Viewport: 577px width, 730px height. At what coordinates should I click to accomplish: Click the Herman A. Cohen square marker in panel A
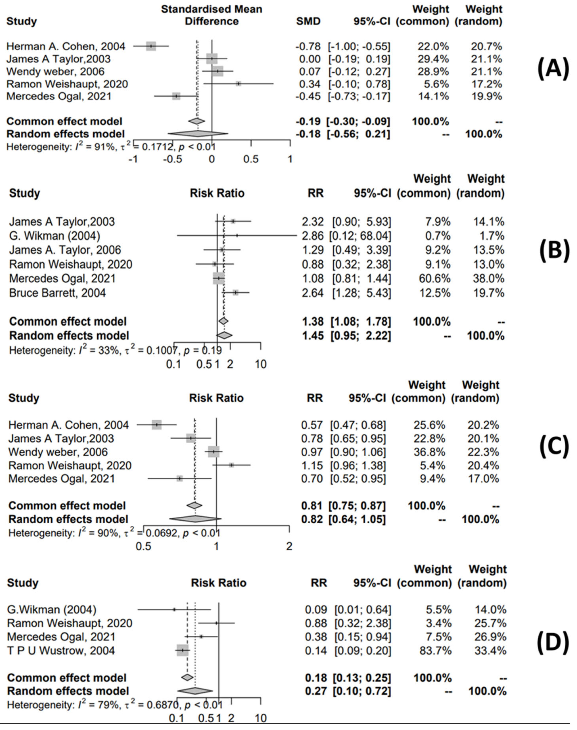151,46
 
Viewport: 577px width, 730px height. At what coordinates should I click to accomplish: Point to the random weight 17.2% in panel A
486,84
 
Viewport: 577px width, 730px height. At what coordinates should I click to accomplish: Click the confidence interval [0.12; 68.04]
360,236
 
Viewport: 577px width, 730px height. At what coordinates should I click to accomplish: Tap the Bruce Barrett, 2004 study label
58,293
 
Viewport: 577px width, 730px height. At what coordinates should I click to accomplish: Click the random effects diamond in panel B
224,335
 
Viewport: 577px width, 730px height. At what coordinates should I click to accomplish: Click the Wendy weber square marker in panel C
213,452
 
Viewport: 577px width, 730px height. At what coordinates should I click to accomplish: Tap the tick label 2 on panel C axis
289,546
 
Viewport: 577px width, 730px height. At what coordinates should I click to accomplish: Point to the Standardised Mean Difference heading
212,15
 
